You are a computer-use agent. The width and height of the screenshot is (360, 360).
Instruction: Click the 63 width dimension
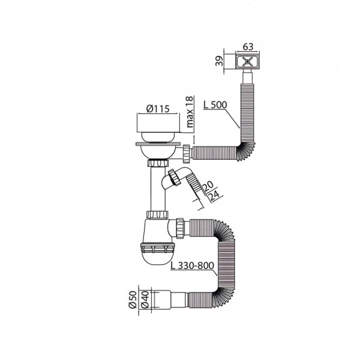click(247, 46)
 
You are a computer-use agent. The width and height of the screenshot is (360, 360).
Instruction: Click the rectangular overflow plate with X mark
click(247, 62)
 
